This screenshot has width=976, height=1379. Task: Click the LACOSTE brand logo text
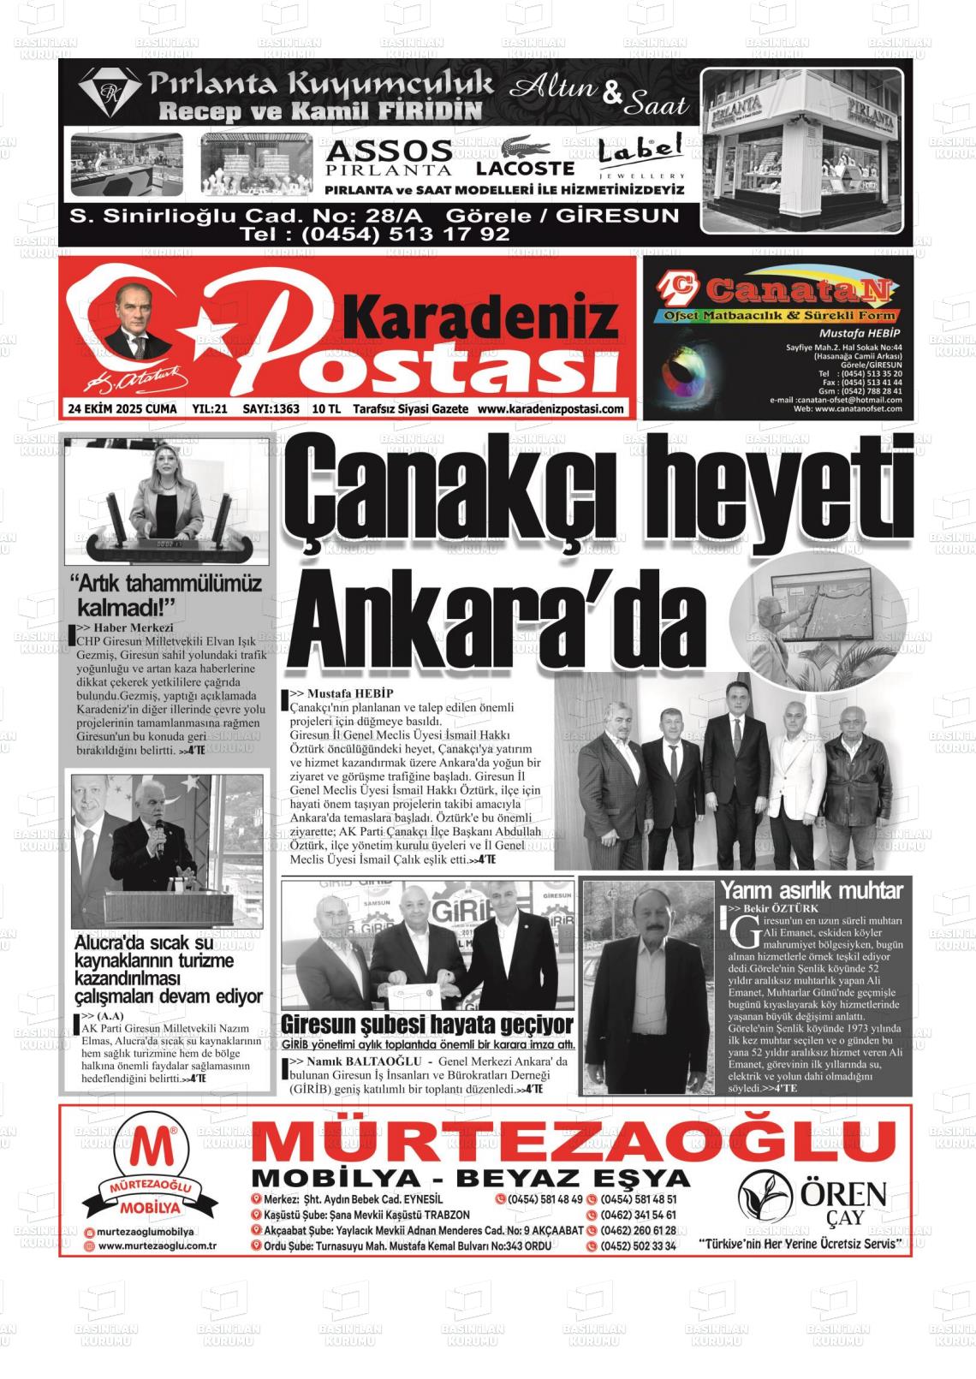pos(525,168)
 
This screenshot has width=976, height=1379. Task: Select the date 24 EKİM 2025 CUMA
pos(122,409)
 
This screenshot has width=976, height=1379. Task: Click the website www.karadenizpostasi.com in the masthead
pos(550,409)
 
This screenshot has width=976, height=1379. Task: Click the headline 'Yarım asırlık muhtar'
pos(811,890)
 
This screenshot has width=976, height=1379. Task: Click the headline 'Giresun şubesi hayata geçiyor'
pos(427,1024)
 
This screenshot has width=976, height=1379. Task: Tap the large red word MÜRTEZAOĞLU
pos(574,1142)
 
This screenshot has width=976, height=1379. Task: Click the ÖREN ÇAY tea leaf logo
pos(765,1195)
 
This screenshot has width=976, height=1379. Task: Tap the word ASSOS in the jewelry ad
pos(389,152)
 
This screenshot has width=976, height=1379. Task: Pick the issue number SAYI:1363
pos(271,409)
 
